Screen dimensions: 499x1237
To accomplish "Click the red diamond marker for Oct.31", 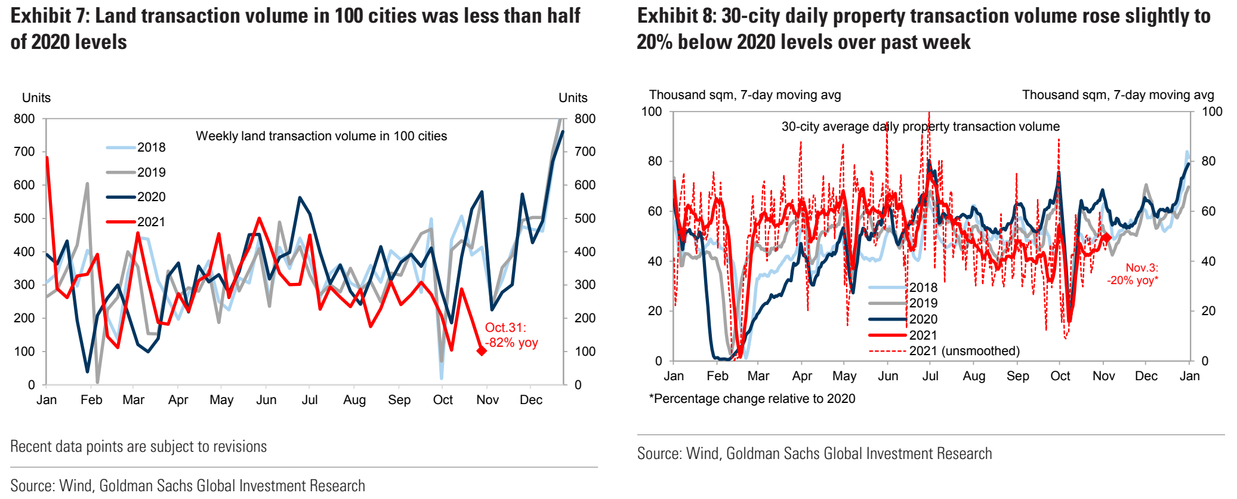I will [x=482, y=350].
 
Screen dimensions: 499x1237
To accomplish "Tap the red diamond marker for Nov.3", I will [x=1106, y=238].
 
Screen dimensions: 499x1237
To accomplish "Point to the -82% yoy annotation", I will [x=511, y=343].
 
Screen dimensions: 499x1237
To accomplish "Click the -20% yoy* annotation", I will [x=1133, y=281].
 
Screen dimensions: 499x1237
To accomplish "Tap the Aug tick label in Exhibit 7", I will [x=354, y=400].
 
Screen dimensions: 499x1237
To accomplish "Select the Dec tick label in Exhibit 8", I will [x=1146, y=376].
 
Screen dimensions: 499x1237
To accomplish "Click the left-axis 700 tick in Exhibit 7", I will [x=24, y=152].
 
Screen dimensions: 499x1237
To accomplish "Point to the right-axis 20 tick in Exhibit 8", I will [x=1208, y=311].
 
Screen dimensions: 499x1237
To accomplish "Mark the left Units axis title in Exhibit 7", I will [x=36, y=98].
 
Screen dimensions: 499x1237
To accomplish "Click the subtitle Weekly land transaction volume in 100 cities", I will [x=321, y=136].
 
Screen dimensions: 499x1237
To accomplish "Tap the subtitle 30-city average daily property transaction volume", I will [x=920, y=127].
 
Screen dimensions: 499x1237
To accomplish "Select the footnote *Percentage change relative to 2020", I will [x=752, y=399].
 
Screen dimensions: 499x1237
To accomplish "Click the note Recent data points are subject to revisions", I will [x=138, y=446].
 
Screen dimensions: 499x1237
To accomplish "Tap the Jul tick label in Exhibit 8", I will [x=930, y=376].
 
